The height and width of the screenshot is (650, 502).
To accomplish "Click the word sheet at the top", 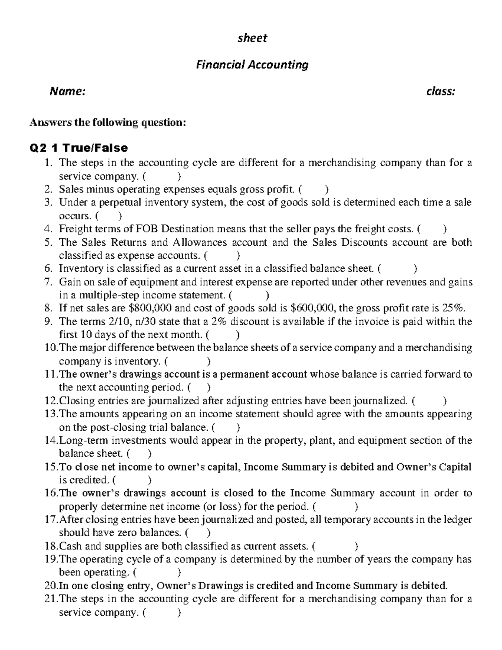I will point(252,38).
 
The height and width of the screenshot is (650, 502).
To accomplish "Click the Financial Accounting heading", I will point(252,65).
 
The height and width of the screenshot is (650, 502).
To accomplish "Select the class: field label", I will point(441,91).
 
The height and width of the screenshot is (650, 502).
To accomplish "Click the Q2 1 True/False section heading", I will point(78,148).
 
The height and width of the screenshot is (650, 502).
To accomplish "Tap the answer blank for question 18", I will point(335,546).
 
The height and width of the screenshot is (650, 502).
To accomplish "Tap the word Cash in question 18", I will point(69,546).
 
